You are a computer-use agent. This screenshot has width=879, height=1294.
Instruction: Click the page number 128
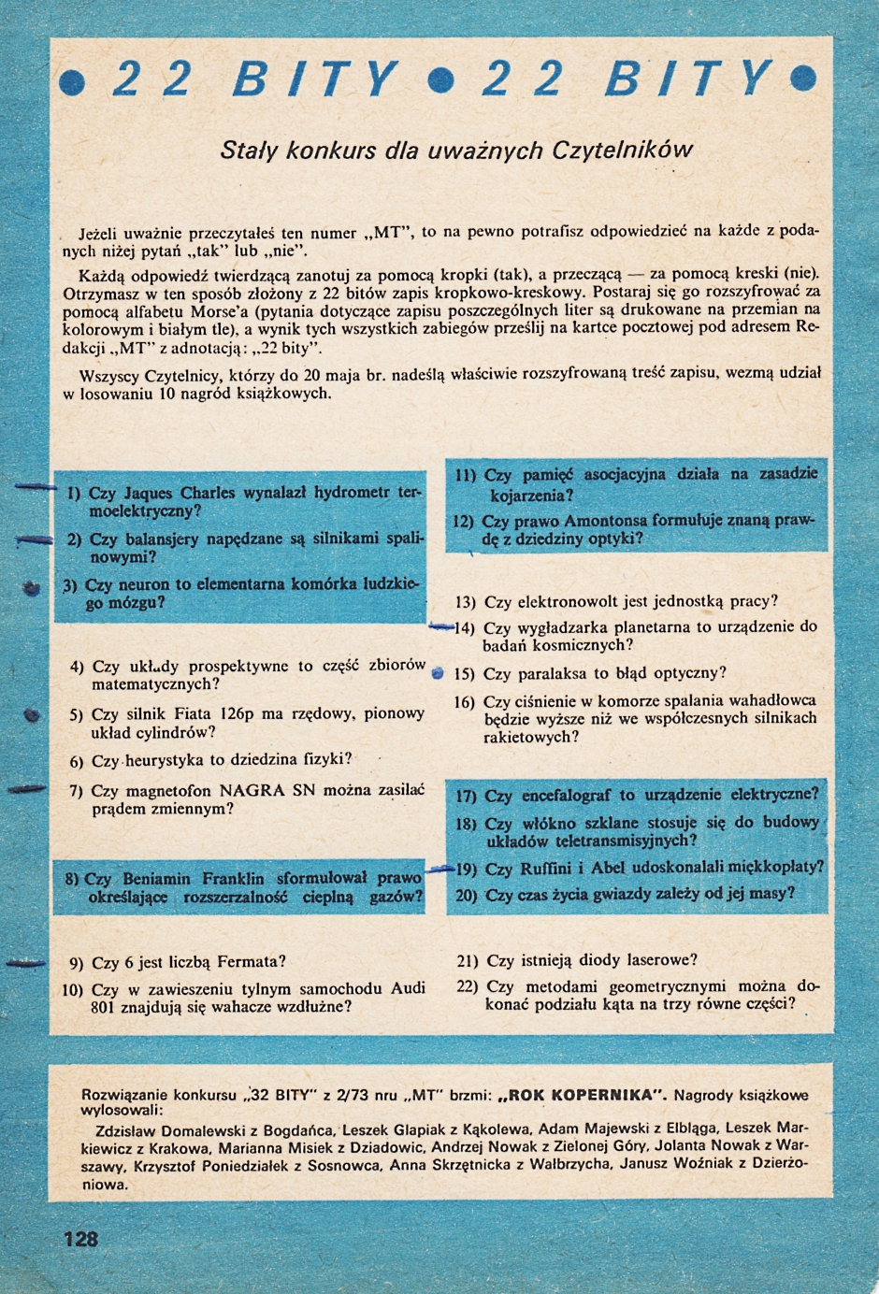coord(80,1239)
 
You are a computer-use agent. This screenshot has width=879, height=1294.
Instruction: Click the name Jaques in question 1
coord(148,493)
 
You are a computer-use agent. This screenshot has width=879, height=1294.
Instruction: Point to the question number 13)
coord(465,602)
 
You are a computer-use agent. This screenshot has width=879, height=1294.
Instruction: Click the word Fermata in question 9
coord(252,961)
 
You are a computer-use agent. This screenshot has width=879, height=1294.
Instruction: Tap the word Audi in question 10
coord(408,988)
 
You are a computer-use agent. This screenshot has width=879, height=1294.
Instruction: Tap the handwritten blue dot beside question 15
coord(438,673)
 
